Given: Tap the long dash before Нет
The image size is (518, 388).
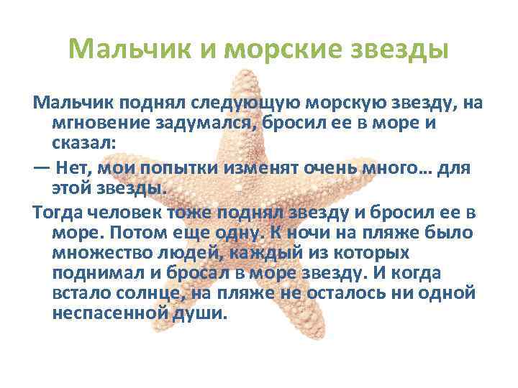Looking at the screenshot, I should pyautogui.click(x=41, y=168).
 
